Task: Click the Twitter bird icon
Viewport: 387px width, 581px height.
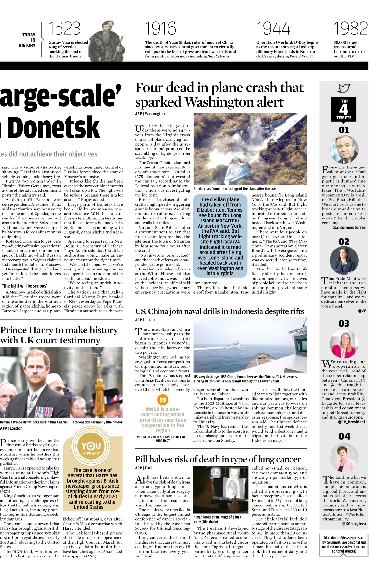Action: click(344, 88)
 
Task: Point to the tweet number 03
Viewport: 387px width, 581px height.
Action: click(344, 323)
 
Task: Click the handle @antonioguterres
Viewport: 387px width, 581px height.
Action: click(349, 227)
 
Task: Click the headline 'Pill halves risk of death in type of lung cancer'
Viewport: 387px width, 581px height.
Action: click(218, 459)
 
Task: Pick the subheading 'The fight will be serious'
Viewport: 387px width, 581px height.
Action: click(25, 286)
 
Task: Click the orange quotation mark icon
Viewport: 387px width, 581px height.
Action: click(163, 400)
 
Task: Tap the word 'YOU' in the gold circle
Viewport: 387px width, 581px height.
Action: click(91, 446)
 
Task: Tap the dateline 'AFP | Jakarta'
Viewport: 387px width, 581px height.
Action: click(146, 320)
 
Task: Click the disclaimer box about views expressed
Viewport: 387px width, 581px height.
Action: click(344, 546)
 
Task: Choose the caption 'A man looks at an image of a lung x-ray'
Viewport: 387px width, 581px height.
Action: click(217, 519)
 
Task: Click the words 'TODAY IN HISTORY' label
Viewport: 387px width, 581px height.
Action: click(28, 40)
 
